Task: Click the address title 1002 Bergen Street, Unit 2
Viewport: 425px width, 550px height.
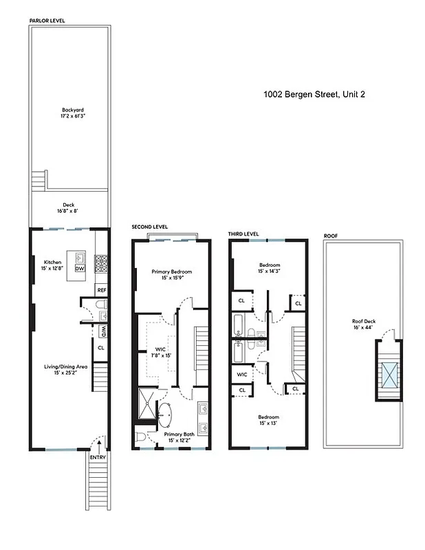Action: click(x=314, y=95)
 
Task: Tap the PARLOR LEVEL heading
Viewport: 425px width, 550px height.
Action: click(x=47, y=21)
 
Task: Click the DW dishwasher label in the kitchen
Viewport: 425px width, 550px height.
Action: click(x=80, y=269)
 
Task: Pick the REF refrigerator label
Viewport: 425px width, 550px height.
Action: click(x=101, y=290)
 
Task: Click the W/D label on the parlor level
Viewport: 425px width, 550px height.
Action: click(x=101, y=331)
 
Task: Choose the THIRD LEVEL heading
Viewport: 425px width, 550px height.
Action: click(x=243, y=234)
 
